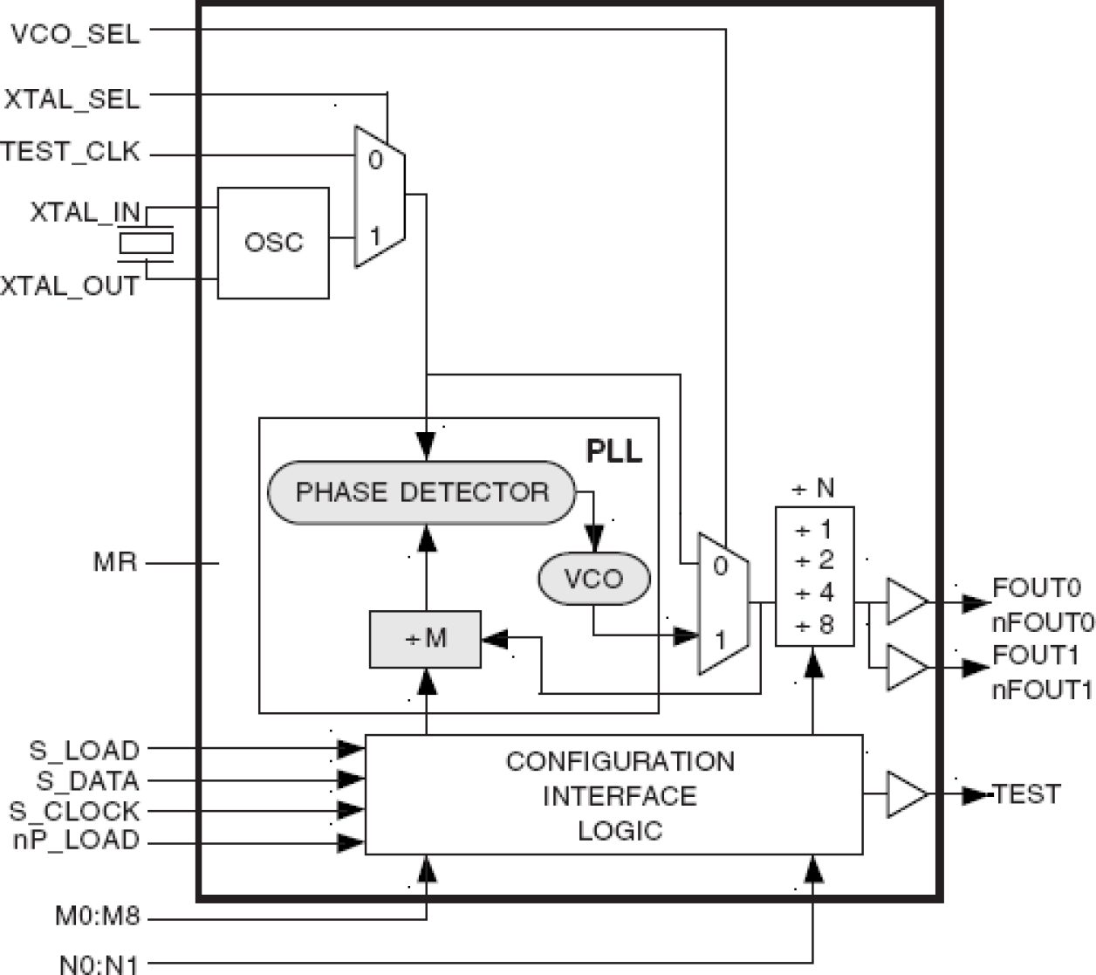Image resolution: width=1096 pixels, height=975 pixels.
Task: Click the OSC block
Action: point(273,243)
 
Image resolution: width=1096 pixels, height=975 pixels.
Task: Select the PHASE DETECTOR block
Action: point(422,492)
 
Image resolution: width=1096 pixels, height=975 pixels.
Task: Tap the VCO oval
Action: point(593,579)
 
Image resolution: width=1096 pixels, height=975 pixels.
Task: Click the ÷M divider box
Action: point(425,639)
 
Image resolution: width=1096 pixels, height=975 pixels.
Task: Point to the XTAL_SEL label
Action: point(72,99)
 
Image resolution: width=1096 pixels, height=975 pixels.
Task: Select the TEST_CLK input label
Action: point(70,152)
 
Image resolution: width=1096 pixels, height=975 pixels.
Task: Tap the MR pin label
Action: point(115,561)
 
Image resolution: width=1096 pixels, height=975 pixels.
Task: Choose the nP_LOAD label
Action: point(76,841)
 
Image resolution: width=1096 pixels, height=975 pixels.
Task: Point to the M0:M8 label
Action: point(97,917)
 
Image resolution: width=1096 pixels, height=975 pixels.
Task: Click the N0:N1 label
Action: point(99,964)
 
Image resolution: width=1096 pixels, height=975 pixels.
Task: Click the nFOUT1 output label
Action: point(1042,690)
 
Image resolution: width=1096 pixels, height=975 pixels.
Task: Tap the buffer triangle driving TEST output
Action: point(906,794)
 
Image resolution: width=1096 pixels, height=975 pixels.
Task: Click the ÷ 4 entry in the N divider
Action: point(814,594)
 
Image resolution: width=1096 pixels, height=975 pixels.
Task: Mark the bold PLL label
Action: point(613,451)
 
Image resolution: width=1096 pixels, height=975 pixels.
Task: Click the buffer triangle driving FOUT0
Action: point(906,602)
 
